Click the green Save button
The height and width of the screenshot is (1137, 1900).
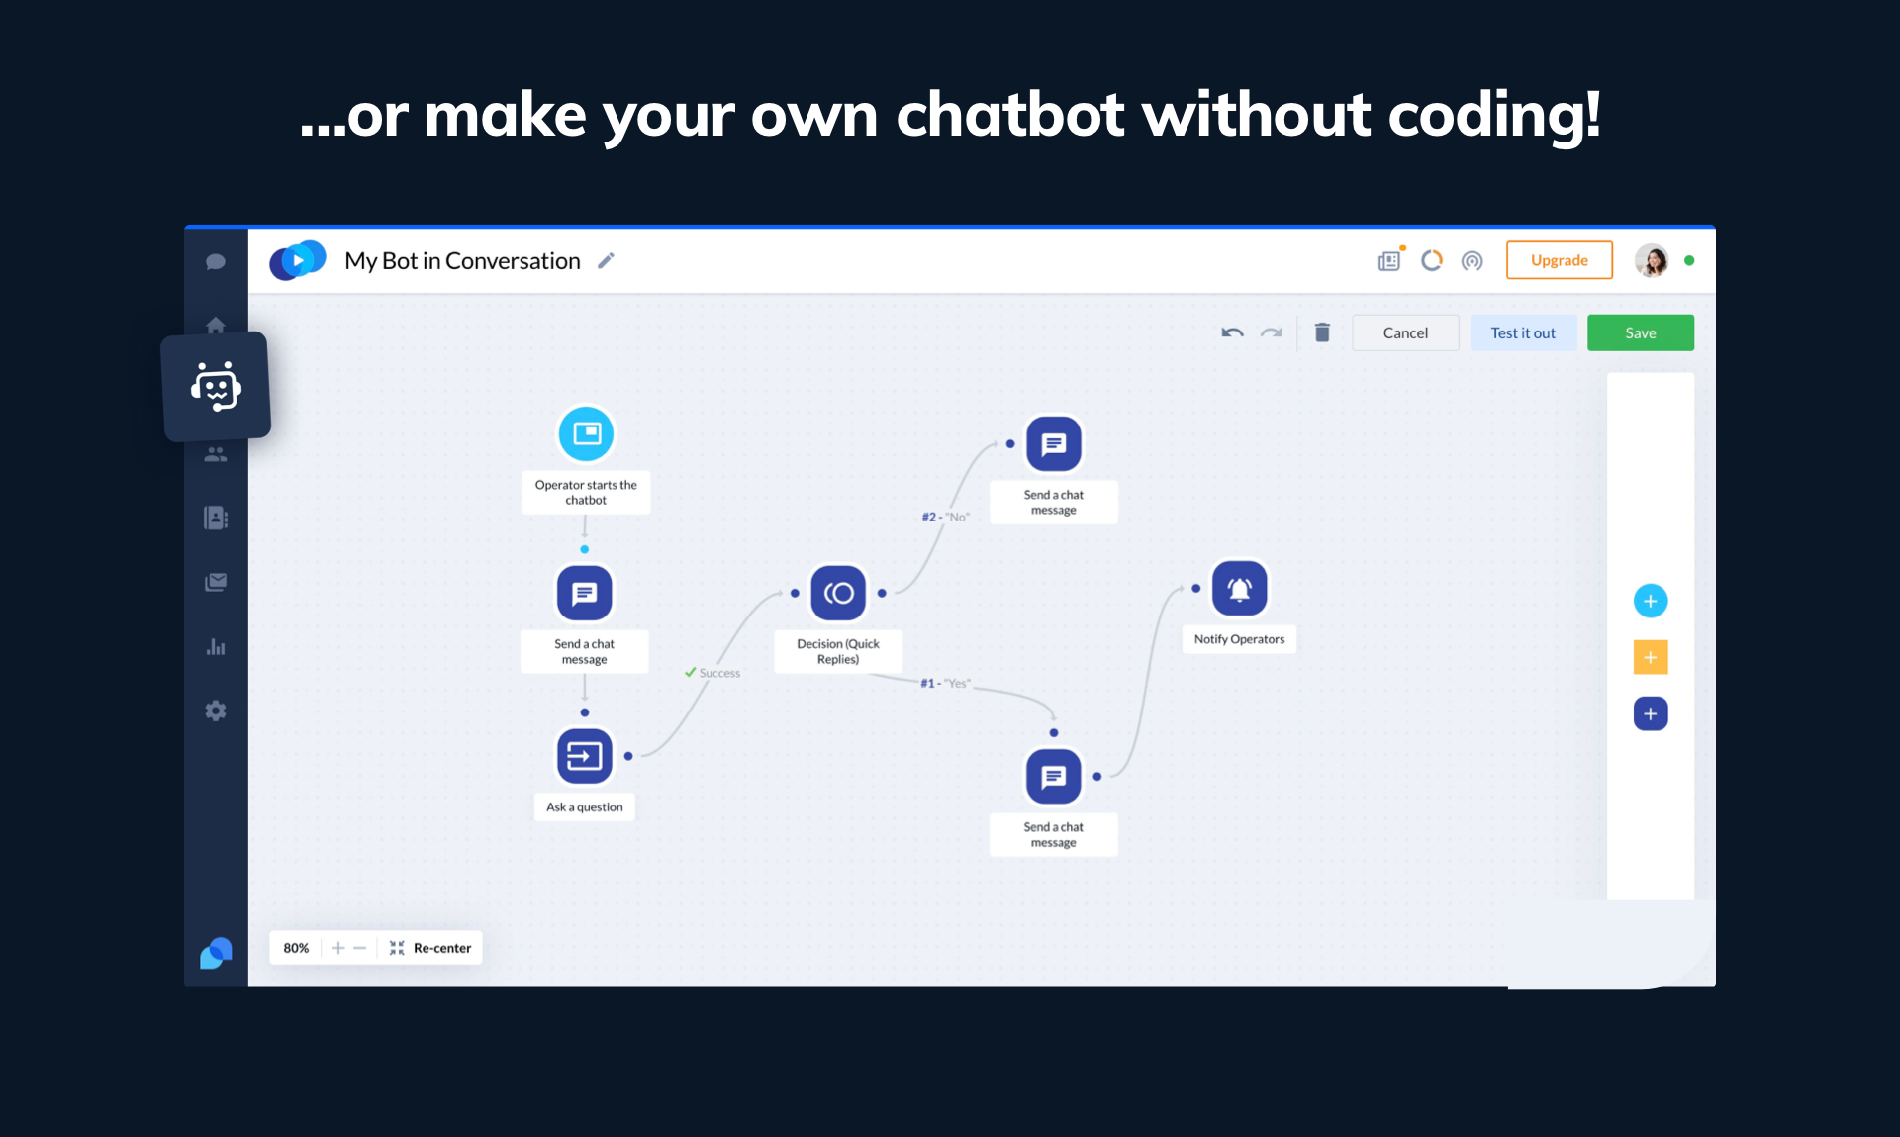click(x=1640, y=332)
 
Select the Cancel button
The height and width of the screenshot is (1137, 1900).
click(x=1405, y=332)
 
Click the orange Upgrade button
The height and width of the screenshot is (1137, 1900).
click(x=1559, y=260)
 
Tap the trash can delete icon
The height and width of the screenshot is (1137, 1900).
click(x=1322, y=332)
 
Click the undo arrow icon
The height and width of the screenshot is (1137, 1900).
click(x=1232, y=332)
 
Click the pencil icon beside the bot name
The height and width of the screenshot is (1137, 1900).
click(x=606, y=260)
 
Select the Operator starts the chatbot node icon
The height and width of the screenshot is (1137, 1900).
click(x=586, y=433)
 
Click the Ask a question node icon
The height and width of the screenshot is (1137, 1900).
click(x=585, y=756)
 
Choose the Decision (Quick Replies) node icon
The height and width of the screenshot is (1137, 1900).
click(x=838, y=593)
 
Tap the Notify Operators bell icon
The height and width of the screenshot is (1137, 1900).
click(x=1239, y=589)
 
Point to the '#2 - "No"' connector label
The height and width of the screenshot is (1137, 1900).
click(x=945, y=517)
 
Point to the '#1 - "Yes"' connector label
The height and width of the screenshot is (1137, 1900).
click(x=945, y=683)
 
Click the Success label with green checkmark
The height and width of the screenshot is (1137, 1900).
click(x=712, y=673)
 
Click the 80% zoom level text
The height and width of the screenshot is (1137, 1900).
click(x=296, y=948)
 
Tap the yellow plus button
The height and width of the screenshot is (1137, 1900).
click(x=1650, y=657)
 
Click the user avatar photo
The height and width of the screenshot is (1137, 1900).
click(x=1651, y=260)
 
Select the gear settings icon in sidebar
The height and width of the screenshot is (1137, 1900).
click(x=216, y=711)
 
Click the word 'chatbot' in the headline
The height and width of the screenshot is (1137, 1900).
click(x=1009, y=115)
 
